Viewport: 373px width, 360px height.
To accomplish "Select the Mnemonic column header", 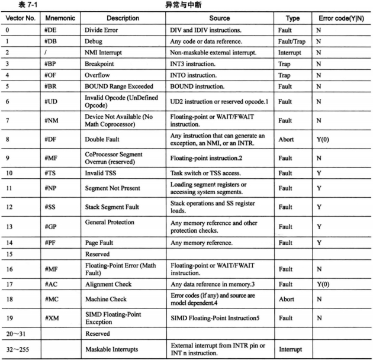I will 59,18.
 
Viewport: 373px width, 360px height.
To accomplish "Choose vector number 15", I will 8,255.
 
